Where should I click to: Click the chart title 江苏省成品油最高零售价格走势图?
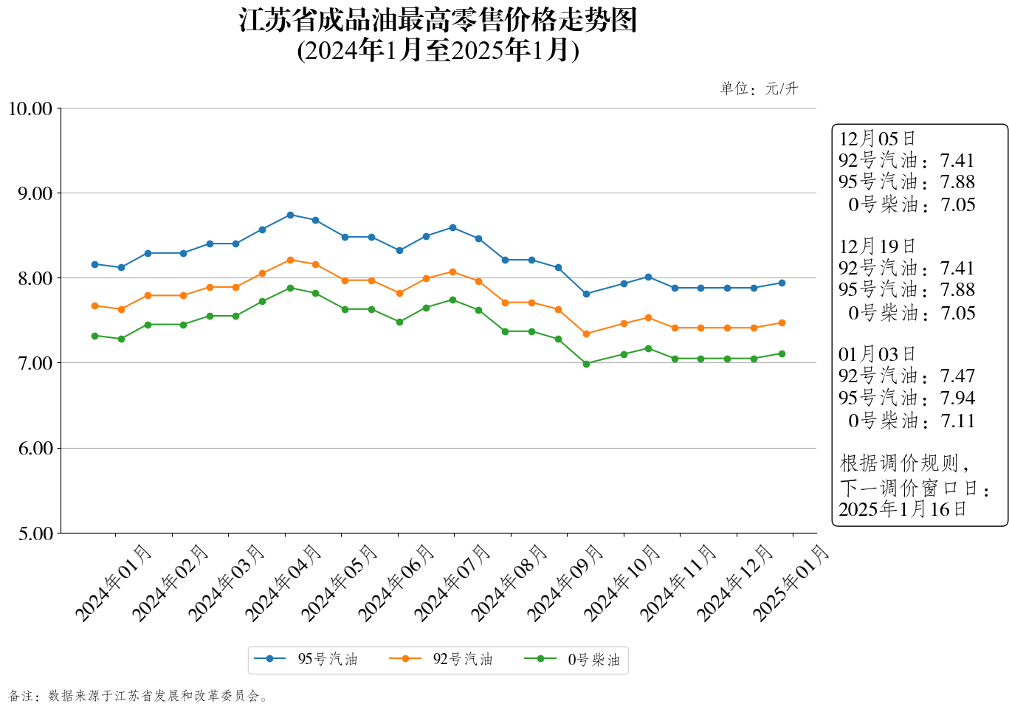[x=438, y=21]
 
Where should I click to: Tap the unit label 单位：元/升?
[x=759, y=89]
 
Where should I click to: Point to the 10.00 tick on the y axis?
[x=30, y=109]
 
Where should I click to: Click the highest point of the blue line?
[x=290, y=215]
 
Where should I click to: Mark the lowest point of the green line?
[x=586, y=364]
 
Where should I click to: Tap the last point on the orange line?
[x=782, y=322]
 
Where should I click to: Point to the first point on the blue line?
[x=94, y=264]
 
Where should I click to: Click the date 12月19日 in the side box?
[x=877, y=246]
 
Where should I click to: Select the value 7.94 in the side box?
[x=957, y=398]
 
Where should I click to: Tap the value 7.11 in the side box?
[x=957, y=421]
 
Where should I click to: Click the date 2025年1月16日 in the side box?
[x=902, y=509]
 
